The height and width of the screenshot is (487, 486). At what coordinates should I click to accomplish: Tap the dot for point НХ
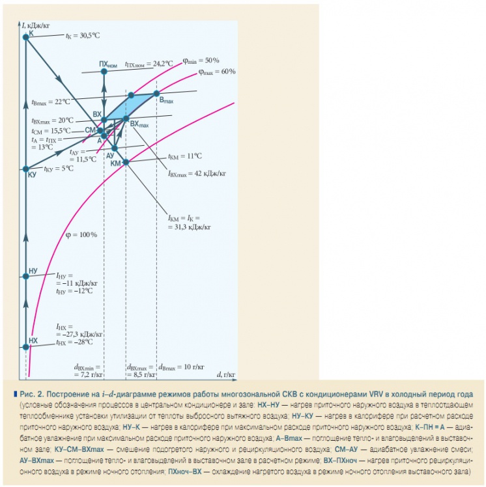tap(26, 348)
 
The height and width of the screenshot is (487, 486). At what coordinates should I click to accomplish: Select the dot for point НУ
tap(26, 277)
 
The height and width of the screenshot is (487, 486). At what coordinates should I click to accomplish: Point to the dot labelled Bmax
tap(156, 94)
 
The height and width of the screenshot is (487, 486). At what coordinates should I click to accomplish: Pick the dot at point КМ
tap(126, 162)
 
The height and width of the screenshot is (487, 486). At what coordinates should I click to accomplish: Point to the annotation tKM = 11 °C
tap(185, 156)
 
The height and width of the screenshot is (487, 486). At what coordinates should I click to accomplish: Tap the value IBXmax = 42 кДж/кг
tap(196, 174)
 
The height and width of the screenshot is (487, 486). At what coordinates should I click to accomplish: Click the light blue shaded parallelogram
tap(131, 105)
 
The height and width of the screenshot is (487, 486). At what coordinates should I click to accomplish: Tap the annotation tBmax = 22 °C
tap(50, 102)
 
